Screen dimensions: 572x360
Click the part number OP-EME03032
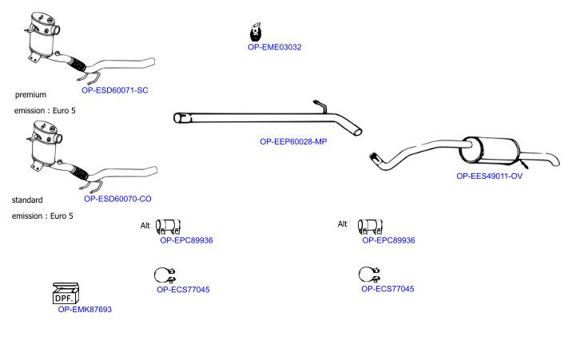click(x=274, y=47)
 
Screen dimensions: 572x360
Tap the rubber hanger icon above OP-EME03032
click(x=256, y=32)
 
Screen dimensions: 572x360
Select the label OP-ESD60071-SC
click(x=114, y=90)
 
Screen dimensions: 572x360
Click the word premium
click(x=30, y=95)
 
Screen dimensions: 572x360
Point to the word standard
click(x=27, y=200)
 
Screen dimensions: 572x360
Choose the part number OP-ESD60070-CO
click(x=117, y=199)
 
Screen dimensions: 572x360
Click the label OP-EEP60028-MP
click(x=293, y=142)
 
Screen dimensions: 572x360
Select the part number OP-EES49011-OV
click(x=489, y=176)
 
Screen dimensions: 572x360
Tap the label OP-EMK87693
click(x=85, y=310)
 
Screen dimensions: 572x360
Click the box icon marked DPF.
click(x=66, y=293)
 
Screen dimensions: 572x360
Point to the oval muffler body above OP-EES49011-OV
click(x=490, y=150)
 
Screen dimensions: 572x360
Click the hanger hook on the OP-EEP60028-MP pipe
click(x=320, y=106)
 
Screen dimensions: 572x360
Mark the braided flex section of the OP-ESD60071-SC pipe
click(x=77, y=65)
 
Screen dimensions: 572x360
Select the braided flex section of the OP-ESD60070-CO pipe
click(x=79, y=172)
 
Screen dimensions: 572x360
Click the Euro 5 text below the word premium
click(x=64, y=110)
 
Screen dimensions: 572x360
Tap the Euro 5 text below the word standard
click(x=62, y=216)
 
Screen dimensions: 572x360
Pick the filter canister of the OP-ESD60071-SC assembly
click(x=42, y=37)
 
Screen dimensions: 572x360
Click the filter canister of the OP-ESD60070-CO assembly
click(x=45, y=145)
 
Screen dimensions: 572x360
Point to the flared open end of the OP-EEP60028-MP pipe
click(x=182, y=118)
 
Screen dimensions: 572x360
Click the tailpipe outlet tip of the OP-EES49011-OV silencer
click(x=555, y=161)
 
